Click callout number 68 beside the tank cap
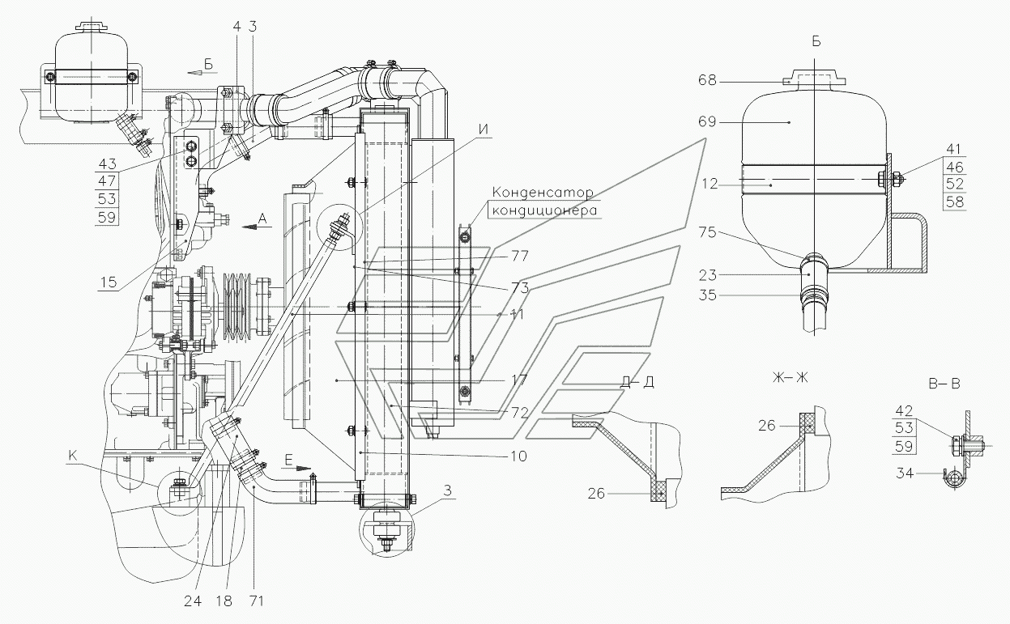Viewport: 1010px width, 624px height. pos(707,80)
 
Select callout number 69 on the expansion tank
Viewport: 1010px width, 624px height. pos(707,121)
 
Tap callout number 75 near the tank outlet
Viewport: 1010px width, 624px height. pos(707,232)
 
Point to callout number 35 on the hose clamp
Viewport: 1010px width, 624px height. pos(707,295)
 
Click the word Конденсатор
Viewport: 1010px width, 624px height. pos(543,193)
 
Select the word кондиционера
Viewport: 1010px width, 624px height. pos(544,210)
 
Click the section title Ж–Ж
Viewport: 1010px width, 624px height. pos(790,377)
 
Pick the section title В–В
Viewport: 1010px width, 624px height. pos(944,384)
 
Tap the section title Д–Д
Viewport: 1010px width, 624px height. pos(637,382)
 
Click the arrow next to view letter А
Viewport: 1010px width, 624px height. pos(257,227)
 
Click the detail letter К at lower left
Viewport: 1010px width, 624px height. pos(73,456)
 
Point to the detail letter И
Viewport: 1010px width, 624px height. pos(484,129)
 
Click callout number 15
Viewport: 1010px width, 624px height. pos(109,282)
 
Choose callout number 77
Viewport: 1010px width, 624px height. pos(520,256)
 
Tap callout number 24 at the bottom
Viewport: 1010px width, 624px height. pos(193,601)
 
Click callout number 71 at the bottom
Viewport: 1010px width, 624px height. pos(255,601)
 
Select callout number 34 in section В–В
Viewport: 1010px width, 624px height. pos(905,473)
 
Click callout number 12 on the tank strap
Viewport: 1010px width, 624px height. pos(710,184)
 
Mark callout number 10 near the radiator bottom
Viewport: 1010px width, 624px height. pos(518,456)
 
